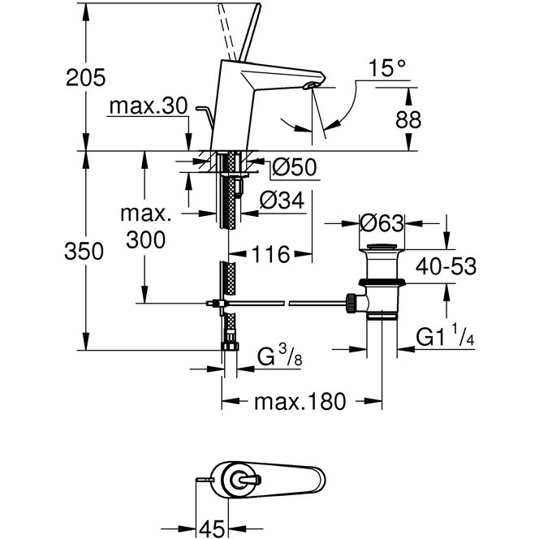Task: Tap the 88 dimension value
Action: coord(408,119)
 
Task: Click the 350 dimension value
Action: coord(86,252)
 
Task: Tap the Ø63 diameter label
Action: coord(382,221)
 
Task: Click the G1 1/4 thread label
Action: coord(444,334)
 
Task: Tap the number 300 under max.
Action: coord(146,239)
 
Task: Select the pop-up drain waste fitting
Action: coord(380,280)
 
